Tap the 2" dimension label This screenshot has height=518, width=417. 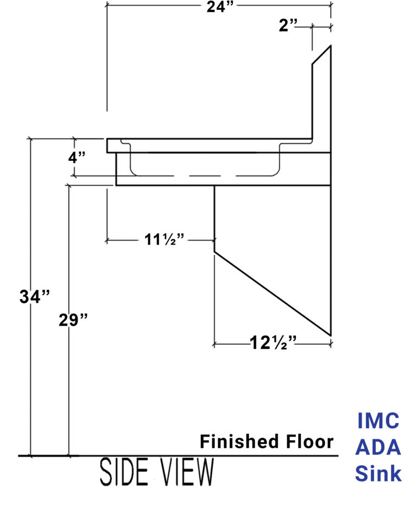[x=289, y=25]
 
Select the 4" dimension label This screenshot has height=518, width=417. [x=77, y=159]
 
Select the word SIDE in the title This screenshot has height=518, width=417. [x=124, y=473]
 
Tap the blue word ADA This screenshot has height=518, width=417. [x=378, y=448]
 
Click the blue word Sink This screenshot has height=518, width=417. [x=378, y=474]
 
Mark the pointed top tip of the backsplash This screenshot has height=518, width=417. [x=330, y=46]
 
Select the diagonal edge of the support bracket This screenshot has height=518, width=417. [x=271, y=293]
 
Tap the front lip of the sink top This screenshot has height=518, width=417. [x=109, y=145]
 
